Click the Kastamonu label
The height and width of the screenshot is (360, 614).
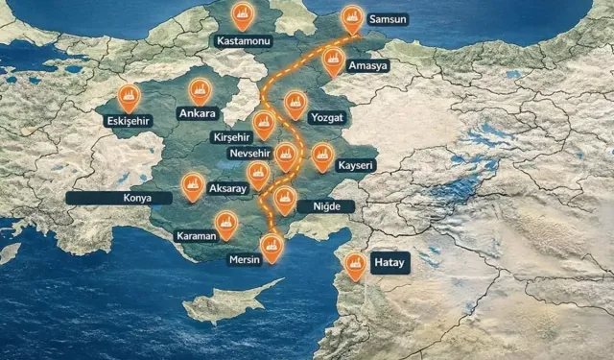click(244, 42)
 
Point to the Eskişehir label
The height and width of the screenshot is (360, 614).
click(130, 121)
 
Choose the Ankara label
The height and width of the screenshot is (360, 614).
click(198, 114)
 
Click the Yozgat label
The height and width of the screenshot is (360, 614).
click(326, 117)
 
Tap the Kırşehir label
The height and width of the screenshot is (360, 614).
click(236, 137)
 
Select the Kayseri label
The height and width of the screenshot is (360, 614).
click(355, 165)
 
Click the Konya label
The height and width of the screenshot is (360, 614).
click(118, 199)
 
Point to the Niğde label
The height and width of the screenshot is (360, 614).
click(326, 206)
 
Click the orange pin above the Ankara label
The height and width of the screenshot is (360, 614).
click(201, 90)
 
